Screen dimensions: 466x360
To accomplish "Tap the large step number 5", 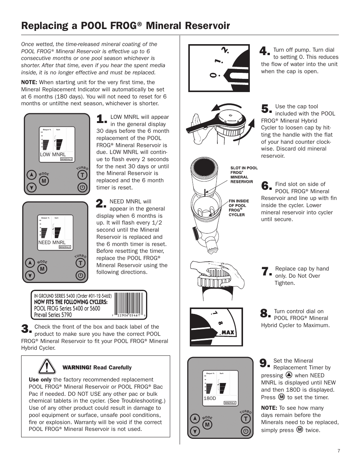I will pyautogui.click(x=266, y=109).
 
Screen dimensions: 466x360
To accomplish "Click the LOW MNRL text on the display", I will pyautogui.click(x=53, y=154).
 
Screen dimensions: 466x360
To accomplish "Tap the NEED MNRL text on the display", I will pyautogui.click(x=52, y=242).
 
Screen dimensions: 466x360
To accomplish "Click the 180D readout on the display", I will pyautogui.click(x=210, y=398).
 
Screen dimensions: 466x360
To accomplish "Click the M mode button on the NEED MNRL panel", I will pyautogui.click(x=42, y=269).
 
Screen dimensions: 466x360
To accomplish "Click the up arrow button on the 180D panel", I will pyautogui.click(x=194, y=418).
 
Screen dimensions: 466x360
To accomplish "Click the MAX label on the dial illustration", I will pyautogui.click(x=228, y=332).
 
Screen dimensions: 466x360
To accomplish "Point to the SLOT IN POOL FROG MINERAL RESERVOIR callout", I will pyautogui.click(x=244, y=175).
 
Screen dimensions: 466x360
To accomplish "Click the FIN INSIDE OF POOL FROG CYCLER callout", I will pyautogui.click(x=239, y=208).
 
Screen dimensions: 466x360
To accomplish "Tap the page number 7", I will pyautogui.click(x=339, y=451).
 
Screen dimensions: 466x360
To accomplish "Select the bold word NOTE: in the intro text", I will pyautogui.click(x=29, y=82).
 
